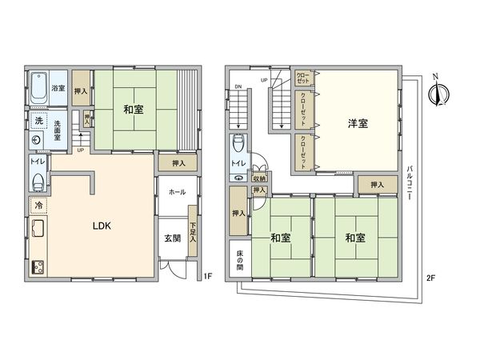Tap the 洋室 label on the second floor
click(358, 123)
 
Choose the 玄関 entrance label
click(174, 238)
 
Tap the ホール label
click(177, 193)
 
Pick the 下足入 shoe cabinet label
click(192, 228)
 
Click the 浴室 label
click(58, 88)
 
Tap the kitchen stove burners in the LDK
click(38, 266)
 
